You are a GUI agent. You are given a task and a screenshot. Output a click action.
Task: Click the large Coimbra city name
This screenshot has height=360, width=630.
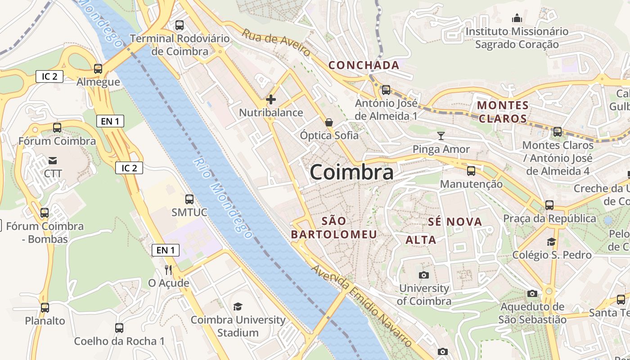tap(351, 172)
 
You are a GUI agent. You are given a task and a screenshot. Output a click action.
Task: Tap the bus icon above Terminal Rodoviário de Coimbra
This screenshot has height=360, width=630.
tap(180, 25)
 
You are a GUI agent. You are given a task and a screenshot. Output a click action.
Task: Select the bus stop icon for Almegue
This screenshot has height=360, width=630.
tap(98, 69)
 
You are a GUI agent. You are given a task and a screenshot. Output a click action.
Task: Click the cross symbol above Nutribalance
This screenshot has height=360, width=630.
tap(271, 99)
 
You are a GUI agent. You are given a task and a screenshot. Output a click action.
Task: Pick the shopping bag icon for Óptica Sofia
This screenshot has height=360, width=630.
tap(329, 122)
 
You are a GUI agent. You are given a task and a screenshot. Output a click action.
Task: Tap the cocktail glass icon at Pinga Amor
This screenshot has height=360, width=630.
tap(441, 136)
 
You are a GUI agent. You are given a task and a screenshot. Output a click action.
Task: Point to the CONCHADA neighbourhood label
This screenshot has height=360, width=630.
tap(364, 65)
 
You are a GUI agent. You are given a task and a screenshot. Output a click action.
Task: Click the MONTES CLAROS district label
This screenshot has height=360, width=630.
tap(503, 112)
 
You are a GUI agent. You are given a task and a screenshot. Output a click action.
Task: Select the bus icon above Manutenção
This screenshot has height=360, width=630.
tap(471, 171)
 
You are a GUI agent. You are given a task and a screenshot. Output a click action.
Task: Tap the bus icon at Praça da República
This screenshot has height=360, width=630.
tap(549, 205)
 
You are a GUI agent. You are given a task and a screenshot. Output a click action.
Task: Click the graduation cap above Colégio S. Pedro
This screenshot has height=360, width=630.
tap(551, 242)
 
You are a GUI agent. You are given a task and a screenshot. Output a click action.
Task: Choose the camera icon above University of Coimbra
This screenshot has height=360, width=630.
tap(423, 275)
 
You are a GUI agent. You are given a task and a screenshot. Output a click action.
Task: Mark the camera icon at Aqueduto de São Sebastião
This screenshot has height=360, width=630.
tap(532, 294)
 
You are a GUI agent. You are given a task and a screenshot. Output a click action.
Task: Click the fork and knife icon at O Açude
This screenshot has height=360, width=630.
tap(169, 270)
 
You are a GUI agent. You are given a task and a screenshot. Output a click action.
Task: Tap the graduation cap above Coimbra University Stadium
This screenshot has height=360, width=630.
tap(238, 307)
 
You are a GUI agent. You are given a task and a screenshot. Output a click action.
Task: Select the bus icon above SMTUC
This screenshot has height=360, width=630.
tap(189, 199)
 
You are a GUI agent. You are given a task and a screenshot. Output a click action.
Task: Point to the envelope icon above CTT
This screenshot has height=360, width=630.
tap(53, 160)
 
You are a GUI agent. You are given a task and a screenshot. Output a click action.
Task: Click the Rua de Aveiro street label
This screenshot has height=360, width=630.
tap(276, 43)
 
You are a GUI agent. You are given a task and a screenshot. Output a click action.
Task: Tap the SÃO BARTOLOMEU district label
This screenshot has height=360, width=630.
tap(334, 228)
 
